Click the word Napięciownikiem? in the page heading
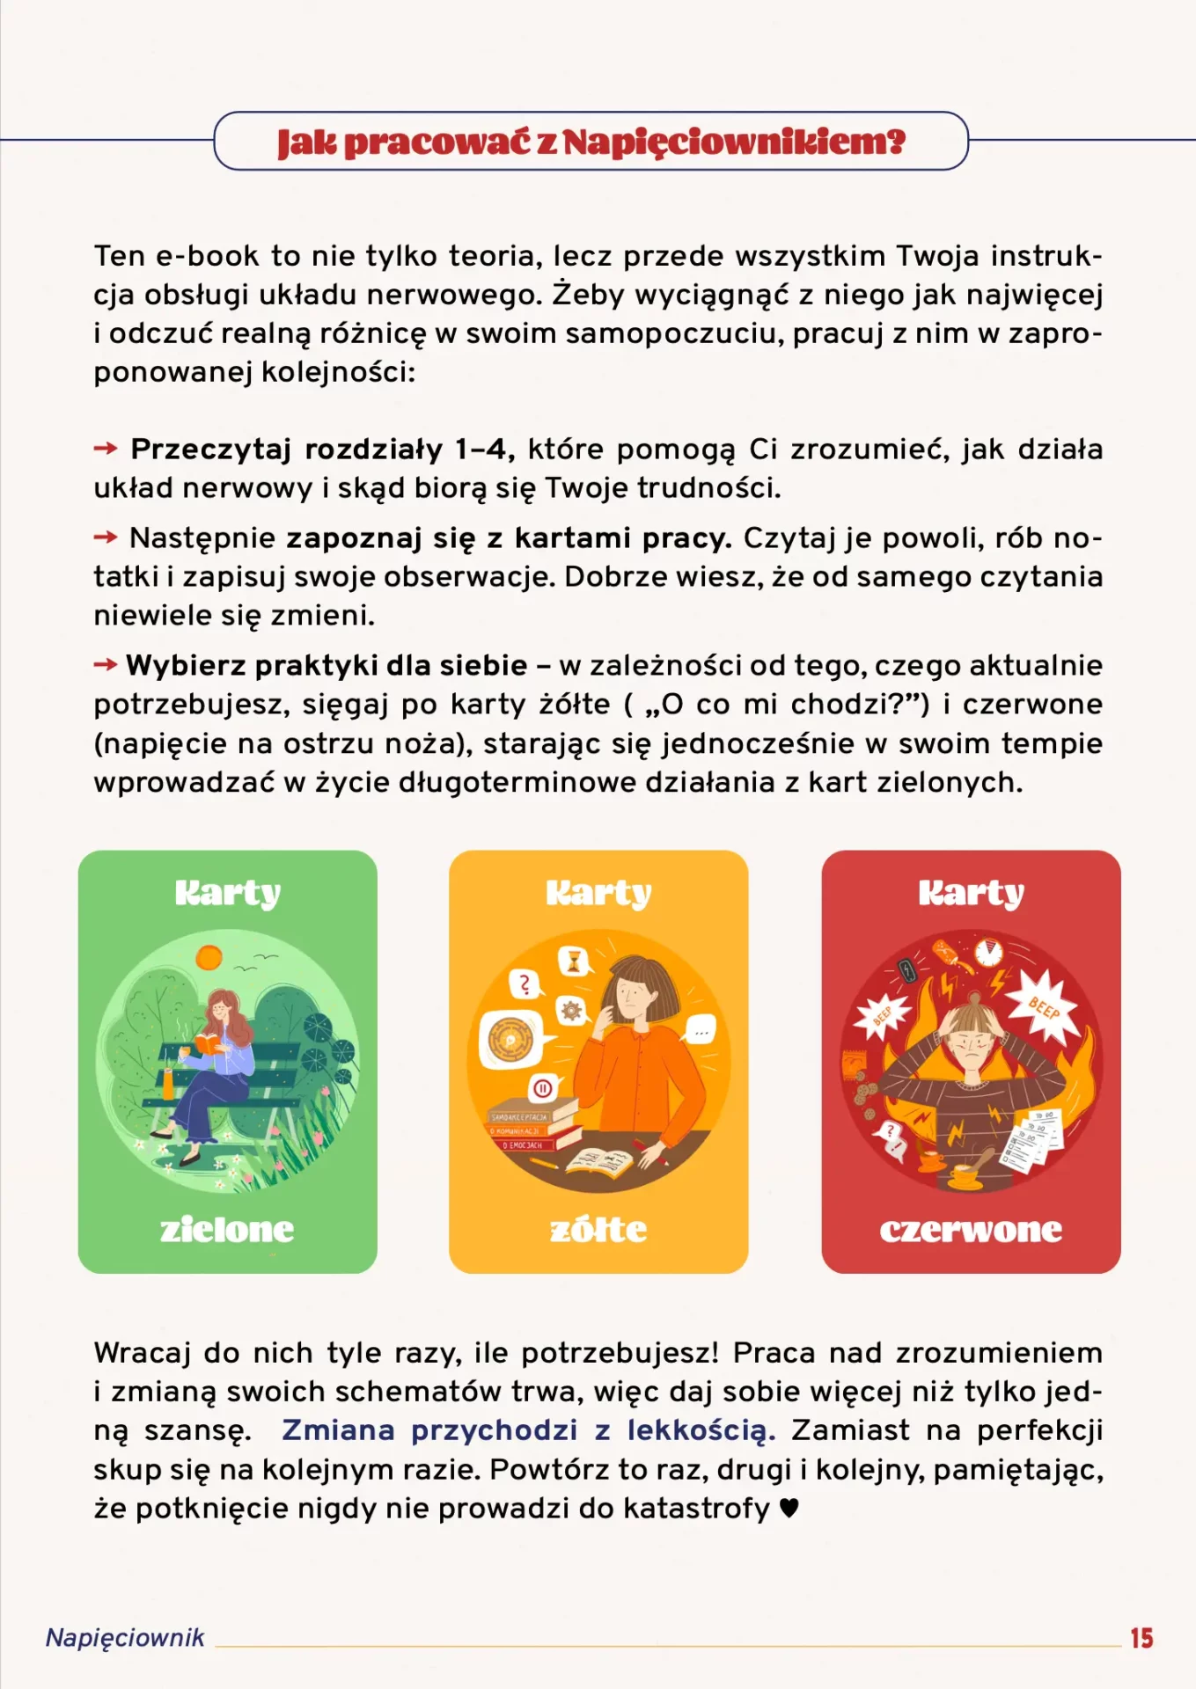pos(734,142)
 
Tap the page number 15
pos(1141,1638)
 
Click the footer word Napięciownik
pos(125,1637)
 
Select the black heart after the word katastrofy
pos(789,1508)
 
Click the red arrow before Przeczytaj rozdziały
pos(106,449)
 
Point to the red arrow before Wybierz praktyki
pos(106,664)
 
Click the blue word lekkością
pos(701,1430)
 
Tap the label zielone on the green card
pos(227,1229)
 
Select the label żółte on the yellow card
pos(598,1229)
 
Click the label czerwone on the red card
pos(971,1229)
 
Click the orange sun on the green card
pos(209,956)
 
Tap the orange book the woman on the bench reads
pos(209,1043)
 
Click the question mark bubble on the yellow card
pos(525,983)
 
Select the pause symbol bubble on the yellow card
pos(543,1088)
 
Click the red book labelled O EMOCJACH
pos(524,1144)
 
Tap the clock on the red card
pos(989,952)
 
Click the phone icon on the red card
pos(907,971)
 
